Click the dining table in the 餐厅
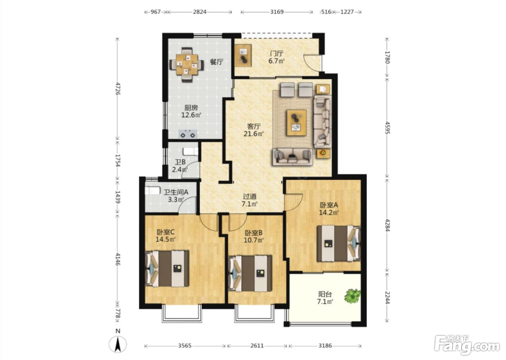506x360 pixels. point(187,65)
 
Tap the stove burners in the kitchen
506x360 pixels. point(188,134)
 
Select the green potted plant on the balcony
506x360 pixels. point(352,296)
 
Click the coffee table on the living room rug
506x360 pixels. point(297,123)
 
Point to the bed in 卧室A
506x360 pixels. point(339,244)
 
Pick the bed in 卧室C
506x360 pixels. point(167,268)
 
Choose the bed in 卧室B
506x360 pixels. point(250,274)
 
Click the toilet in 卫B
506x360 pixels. point(191,151)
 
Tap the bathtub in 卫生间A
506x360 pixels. point(153,191)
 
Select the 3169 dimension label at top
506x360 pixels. point(277,12)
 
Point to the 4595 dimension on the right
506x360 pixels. point(387,128)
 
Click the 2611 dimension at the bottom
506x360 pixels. point(257,346)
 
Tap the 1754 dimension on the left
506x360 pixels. point(117,160)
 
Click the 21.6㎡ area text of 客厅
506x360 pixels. point(254,134)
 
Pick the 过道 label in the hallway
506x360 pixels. point(250,197)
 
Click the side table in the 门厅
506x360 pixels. point(243,56)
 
